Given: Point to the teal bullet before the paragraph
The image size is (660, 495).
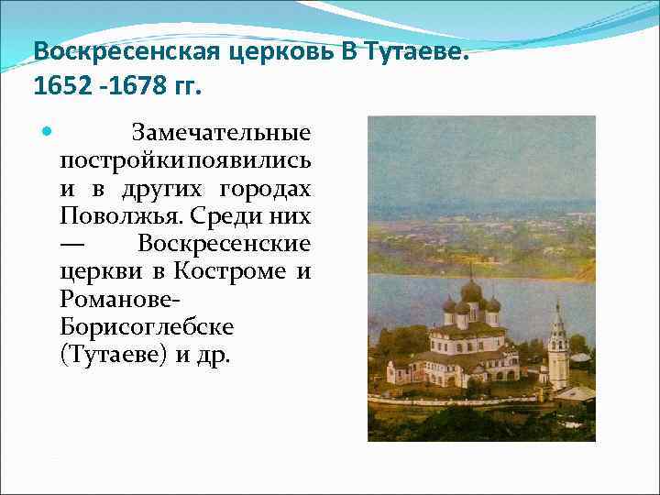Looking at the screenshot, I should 49,133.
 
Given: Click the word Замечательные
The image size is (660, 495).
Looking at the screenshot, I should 221,134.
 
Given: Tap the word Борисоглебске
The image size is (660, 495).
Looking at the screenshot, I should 147,326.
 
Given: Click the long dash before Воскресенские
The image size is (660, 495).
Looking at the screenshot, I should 73,244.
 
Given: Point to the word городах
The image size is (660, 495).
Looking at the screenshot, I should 266,189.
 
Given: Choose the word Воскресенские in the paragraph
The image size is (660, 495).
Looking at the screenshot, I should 224,244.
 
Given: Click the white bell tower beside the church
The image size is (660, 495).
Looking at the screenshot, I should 557,353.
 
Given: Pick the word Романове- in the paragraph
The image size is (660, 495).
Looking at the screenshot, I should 115,299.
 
